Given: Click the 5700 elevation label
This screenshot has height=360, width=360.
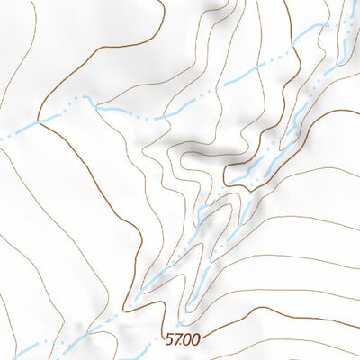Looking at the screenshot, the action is (x=183, y=339).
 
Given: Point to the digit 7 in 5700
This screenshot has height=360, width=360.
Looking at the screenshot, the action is (x=179, y=339).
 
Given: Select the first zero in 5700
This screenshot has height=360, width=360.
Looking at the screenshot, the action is (x=187, y=339).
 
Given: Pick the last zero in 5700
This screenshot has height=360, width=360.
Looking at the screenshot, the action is (x=195, y=339).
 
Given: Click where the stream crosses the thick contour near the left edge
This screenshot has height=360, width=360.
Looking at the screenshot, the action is (x=38, y=121).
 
